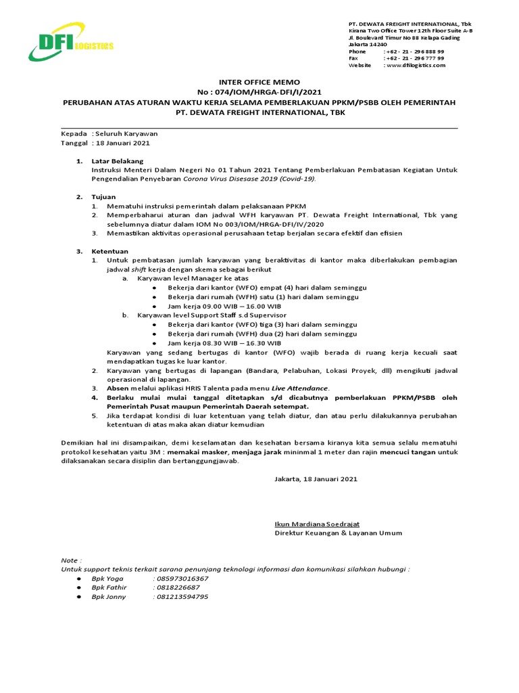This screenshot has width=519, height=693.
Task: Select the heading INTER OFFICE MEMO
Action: tap(259, 81)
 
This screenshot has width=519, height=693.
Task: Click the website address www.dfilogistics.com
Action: tap(416, 65)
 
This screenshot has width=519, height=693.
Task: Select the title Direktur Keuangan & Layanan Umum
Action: tap(338, 533)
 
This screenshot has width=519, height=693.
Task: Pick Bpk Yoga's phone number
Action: tap(182, 579)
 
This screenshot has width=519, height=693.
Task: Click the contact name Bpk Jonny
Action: tap(108, 597)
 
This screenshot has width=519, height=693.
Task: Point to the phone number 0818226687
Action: tap(178, 588)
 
